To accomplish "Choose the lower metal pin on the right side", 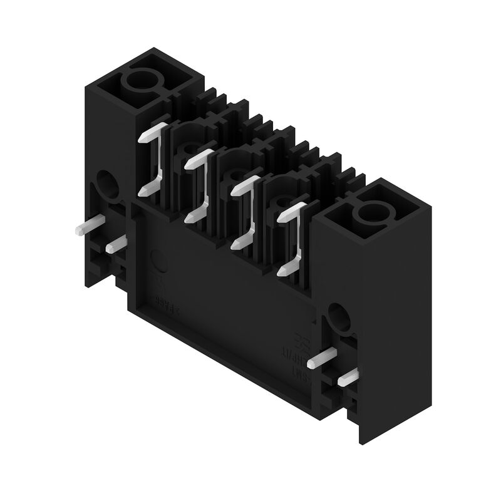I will click(x=348, y=377).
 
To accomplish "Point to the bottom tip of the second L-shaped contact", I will click(x=192, y=217).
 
